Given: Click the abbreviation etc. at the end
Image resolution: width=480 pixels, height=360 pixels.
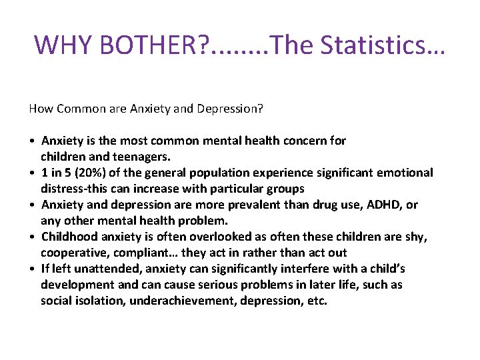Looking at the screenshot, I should click(316, 301).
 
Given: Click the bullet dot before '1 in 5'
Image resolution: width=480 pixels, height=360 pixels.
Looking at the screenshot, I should click(32, 173).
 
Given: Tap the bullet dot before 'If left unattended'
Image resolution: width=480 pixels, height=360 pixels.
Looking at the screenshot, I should click(32, 269).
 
